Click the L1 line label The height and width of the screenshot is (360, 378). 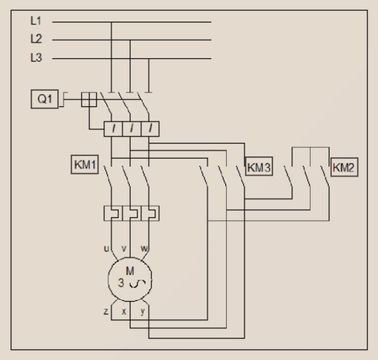coord(36,21)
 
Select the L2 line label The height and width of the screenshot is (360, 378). coord(36,38)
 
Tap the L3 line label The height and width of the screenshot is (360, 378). coord(36,58)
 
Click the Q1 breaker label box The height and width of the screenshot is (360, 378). coord(45,99)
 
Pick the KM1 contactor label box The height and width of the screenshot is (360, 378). coord(85,165)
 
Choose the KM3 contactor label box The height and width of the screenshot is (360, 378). coord(259,166)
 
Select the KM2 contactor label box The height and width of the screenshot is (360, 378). coord(344,167)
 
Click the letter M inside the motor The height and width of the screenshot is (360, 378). coord(130,271)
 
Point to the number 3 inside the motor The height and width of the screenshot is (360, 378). coord(121,283)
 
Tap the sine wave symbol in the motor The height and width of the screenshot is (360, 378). coord(137,284)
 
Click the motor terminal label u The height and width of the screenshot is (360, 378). coord(106,248)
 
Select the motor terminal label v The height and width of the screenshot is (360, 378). coord(124,248)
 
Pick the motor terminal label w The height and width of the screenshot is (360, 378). coord(144,248)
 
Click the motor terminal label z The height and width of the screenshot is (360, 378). coord(106,312)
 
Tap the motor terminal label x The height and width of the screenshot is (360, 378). coord(124,312)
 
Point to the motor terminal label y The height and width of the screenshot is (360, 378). coord(143,312)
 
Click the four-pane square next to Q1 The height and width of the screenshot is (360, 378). coord(89,99)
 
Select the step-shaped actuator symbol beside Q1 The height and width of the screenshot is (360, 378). coord(63,99)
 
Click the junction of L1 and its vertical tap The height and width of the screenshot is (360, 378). coord(111,22)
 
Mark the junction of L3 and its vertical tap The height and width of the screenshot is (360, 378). coord(149,59)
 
